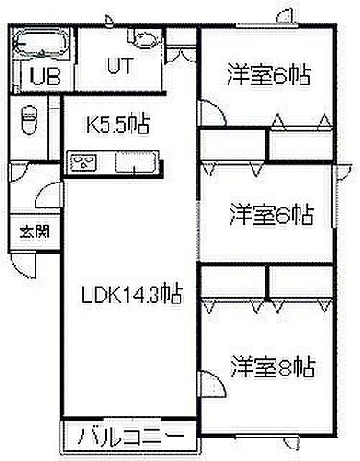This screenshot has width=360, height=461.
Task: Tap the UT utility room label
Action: tap(118, 68)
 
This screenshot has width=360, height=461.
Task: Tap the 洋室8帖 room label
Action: tap(272, 366)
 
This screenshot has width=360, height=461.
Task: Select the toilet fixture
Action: tap(27, 124)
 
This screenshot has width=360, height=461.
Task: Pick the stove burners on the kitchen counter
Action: tap(84, 161)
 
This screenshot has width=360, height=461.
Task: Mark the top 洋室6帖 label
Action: tap(271, 75)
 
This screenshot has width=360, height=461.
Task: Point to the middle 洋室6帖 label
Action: tap(272, 213)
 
